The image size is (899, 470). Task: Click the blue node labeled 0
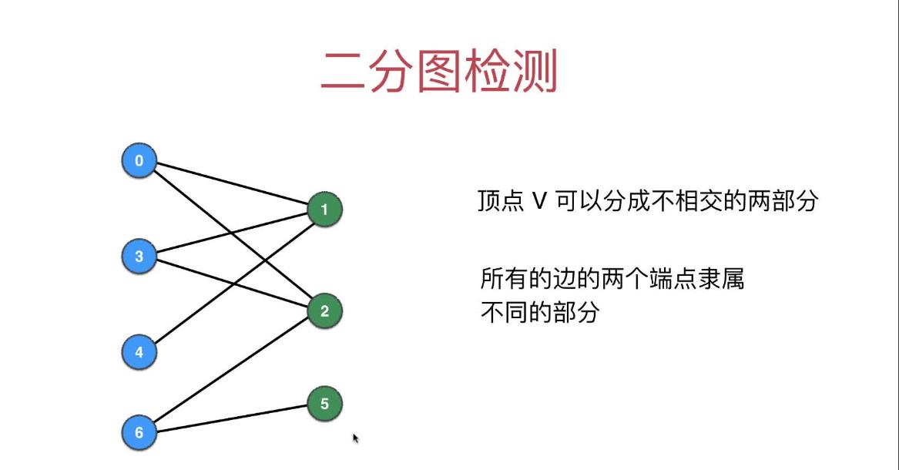click(139, 161)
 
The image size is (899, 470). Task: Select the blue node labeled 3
click(139, 257)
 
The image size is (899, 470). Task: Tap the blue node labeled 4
click(139, 352)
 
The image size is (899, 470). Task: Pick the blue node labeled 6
click(139, 432)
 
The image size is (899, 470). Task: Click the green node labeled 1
click(324, 210)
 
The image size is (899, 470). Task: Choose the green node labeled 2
click(324, 311)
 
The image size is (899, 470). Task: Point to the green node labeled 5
click(324, 404)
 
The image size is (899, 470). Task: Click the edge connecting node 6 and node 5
click(231, 418)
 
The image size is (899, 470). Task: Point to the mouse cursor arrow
click(356, 438)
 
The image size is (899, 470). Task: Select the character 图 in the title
click(440, 73)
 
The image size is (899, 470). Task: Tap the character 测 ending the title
click(535, 73)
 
